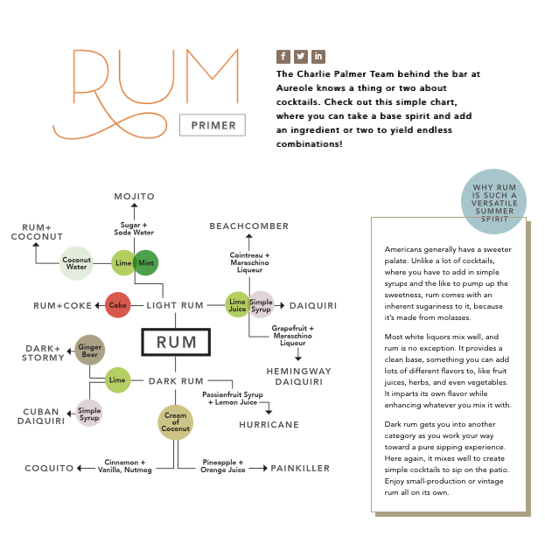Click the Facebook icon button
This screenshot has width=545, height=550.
coord(283,56)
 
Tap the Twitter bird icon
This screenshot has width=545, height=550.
coord(301,56)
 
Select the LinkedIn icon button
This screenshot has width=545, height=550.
coord(318,56)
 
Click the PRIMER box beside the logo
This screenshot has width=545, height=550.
coord(213,125)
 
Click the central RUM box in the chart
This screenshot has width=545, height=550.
coord(176,342)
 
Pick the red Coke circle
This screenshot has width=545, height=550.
coord(118,305)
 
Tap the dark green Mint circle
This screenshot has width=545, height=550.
coord(145,262)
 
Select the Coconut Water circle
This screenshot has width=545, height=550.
coord(76,262)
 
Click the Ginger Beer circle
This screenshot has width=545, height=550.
coord(90,350)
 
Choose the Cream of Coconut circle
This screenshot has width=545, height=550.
coord(176,421)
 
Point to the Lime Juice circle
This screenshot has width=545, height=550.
coord(238,304)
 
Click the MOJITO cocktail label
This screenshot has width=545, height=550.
coord(134,196)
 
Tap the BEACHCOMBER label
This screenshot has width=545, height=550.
coord(248,226)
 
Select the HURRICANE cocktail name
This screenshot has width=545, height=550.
coord(269,425)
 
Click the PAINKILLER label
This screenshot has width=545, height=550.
coord(300,469)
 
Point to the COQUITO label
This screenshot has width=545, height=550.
coord(50,469)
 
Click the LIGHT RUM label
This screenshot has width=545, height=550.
coord(175,305)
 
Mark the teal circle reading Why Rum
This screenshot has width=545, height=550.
coord(495,202)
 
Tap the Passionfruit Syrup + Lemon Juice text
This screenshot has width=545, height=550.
coord(232,399)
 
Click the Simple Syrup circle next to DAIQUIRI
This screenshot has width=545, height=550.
coord(262,304)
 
